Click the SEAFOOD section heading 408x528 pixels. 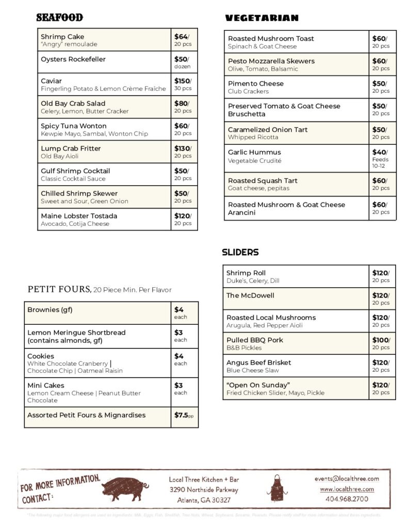[x=59, y=18]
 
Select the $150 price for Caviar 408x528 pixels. [x=181, y=81]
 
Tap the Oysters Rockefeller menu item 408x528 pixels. [x=73, y=59]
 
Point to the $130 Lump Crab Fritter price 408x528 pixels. [x=181, y=148]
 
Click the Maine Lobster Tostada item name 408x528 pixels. [x=79, y=216]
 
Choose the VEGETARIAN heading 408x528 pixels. [x=262, y=18]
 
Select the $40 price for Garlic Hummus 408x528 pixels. [x=379, y=152]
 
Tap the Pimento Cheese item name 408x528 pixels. [x=256, y=84]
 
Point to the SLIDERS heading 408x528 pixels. [x=240, y=253]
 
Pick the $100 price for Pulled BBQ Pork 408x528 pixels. [x=380, y=340]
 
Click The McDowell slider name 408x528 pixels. [x=250, y=295]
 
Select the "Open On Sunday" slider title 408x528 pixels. [x=258, y=385]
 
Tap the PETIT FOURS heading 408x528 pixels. [x=59, y=289]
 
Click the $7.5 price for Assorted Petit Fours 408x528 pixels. [x=181, y=415]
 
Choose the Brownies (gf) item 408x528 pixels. [x=50, y=310]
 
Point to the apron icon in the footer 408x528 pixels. [x=277, y=488]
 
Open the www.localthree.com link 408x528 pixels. [x=347, y=489]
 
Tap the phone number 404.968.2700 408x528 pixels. [x=347, y=499]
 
